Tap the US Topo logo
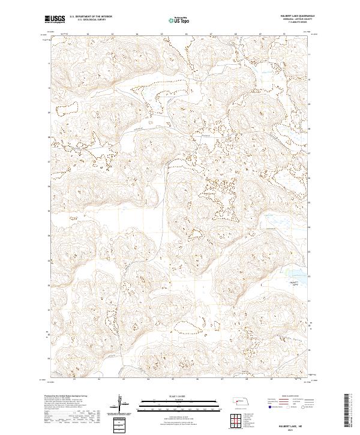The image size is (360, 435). point(173,20)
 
